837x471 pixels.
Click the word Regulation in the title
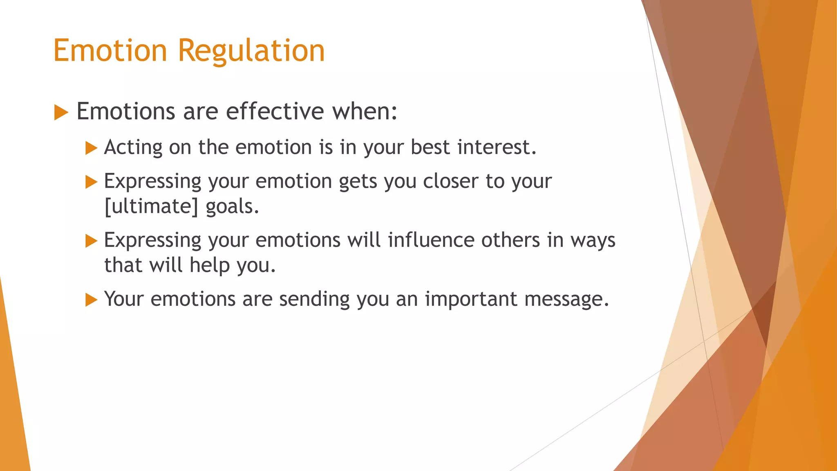251,51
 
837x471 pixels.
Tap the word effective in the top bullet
275,111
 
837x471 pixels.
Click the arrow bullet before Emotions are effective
61,112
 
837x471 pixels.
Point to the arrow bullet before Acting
91,148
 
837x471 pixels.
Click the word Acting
133,148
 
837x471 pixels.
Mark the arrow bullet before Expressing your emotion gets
91,182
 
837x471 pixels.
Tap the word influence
431,240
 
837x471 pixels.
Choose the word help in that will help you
210,265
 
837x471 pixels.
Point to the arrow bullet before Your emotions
91,300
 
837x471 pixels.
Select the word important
471,299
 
